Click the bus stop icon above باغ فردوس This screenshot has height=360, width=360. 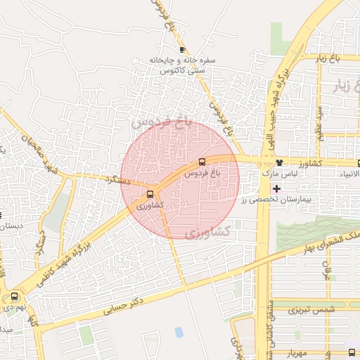click(x=202, y=162)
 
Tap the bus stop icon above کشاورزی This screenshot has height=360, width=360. click(x=150, y=195)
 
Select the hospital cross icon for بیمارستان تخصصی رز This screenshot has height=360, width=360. click(x=276, y=188)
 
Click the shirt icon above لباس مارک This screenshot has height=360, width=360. click(x=279, y=162)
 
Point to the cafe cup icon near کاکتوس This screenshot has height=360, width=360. click(x=183, y=49)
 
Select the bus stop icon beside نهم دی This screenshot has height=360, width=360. click(x=15, y=297)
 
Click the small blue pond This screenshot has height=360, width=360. click(x=179, y=332)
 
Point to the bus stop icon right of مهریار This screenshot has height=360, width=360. click(x=351, y=352)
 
